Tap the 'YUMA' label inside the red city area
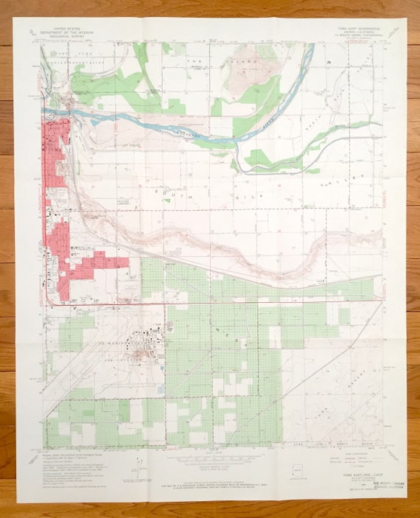(53, 150)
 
